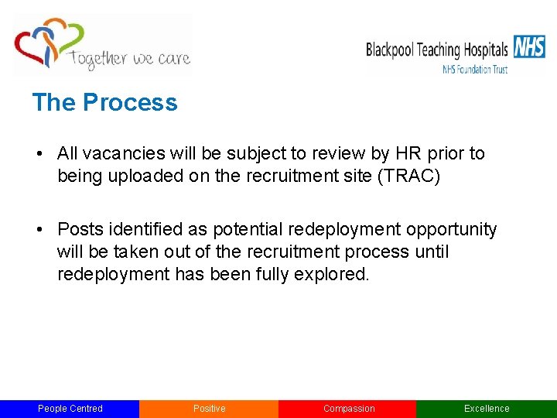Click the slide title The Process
tap(104, 102)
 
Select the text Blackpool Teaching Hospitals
tap(436, 50)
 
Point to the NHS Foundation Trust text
tap(474, 69)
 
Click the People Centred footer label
tap(70, 409)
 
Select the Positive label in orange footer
tap(209, 409)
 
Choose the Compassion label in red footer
tap(348, 409)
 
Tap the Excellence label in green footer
tap(487, 409)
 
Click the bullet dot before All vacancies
tap(38, 153)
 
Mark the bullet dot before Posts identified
tap(38, 229)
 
